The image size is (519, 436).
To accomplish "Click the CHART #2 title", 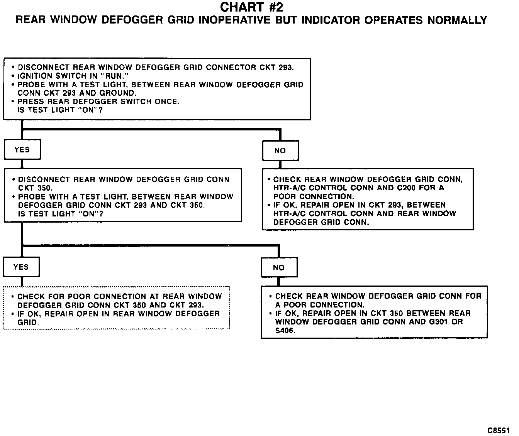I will (251, 7).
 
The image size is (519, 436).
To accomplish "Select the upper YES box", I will (22, 150).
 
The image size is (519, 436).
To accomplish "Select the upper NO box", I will (280, 151).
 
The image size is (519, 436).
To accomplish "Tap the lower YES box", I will (21, 267).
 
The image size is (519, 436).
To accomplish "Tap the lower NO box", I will (279, 268).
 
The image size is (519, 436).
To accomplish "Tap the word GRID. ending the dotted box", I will (28, 322).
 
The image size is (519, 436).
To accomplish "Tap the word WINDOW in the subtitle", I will (73, 20).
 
